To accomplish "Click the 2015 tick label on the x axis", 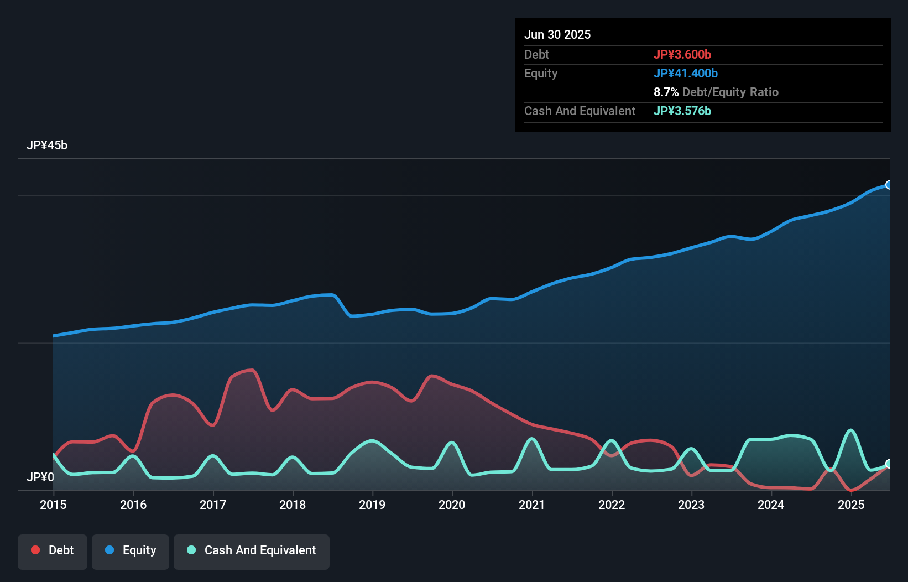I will tap(53, 505).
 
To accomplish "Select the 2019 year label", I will tap(372, 505).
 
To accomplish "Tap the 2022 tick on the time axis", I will tap(612, 505).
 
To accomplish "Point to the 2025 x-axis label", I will tap(850, 505).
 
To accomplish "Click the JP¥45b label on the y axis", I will tap(47, 145).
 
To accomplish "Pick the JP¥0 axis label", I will tap(40, 477).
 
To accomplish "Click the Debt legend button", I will tap(53, 550).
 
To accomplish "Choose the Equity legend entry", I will tap(131, 550).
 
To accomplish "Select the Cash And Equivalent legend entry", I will tap(252, 550).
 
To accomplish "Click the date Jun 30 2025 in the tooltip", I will tap(557, 34).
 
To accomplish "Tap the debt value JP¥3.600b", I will tap(682, 54).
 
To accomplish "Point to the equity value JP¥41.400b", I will tap(686, 73).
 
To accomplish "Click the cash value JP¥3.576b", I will tap(682, 111).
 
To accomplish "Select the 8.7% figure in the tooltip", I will tap(666, 92).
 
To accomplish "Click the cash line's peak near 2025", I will tap(851, 430).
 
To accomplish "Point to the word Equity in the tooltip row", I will tap(541, 73).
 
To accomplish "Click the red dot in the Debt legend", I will tap(35, 550).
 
